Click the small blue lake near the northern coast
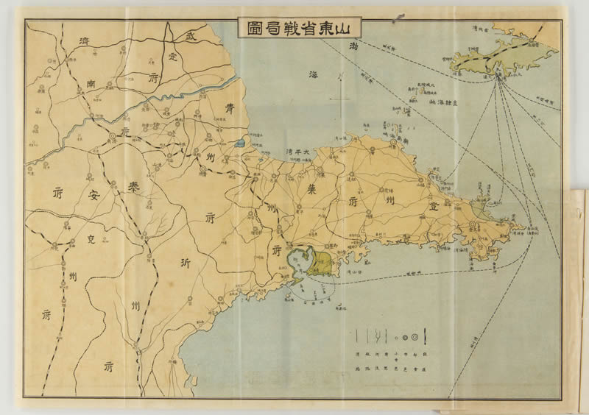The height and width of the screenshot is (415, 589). point(239,143)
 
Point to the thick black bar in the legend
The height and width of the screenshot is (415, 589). point(428,337)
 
